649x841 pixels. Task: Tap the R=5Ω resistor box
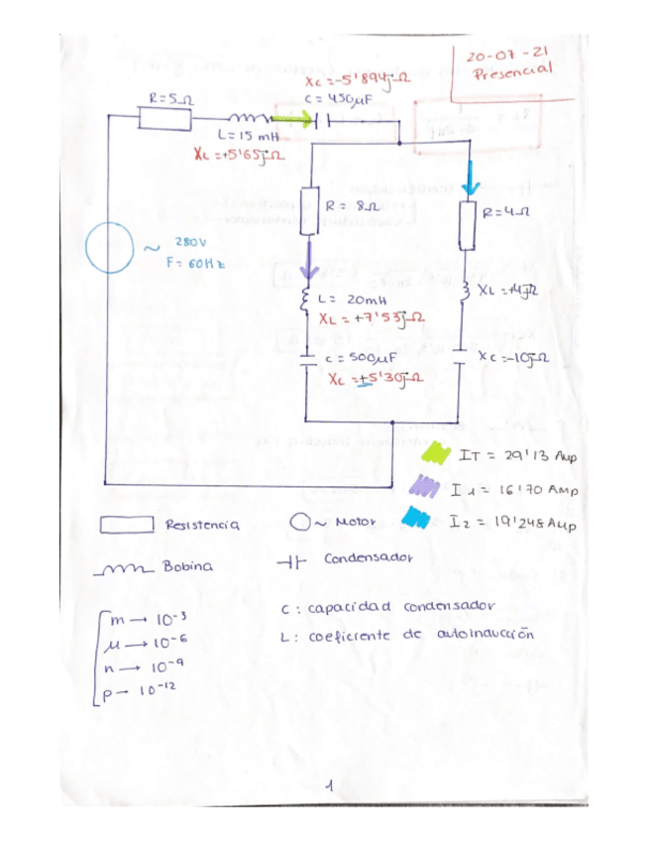pos(163,118)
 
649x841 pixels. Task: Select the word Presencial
pos(513,72)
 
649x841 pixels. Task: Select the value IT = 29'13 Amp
pos(518,456)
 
